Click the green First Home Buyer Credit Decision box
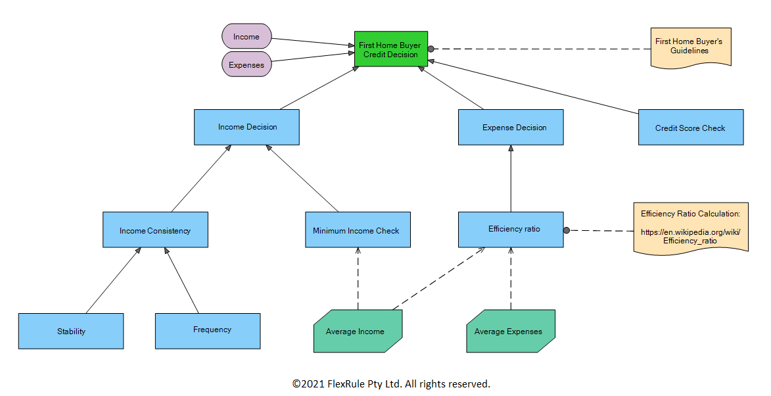[x=391, y=49]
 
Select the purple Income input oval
[x=246, y=37]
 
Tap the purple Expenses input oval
[x=246, y=64]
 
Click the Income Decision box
[x=246, y=127]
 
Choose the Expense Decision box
[x=511, y=127]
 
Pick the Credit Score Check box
[x=690, y=127]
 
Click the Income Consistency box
[x=155, y=230]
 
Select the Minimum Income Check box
[x=358, y=230]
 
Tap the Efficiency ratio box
[x=511, y=229]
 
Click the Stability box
[x=71, y=331]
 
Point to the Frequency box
[x=208, y=330]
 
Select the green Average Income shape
[x=358, y=331]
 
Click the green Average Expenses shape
[x=510, y=331]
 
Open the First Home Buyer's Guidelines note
[x=690, y=46]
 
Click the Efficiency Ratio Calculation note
[x=690, y=227]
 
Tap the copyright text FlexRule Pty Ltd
[x=391, y=384]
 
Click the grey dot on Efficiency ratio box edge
[x=566, y=230]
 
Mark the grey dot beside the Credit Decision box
[x=431, y=49]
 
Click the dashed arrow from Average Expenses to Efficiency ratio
[x=511, y=280]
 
